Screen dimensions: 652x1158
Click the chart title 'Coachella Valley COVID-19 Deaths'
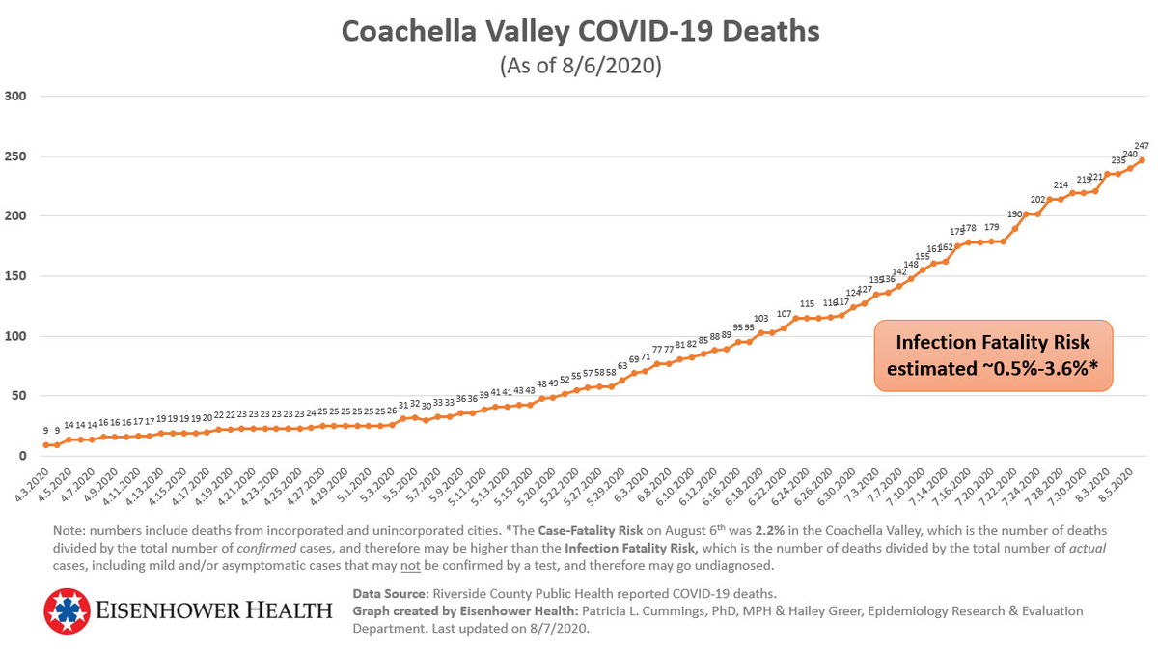[x=580, y=32]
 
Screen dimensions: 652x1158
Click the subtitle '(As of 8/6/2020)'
[x=580, y=66]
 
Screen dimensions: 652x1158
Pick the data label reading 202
[x=1038, y=200]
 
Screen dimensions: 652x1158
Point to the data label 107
[x=785, y=314]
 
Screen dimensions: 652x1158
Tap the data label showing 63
[x=622, y=366]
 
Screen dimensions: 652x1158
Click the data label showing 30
[x=427, y=407]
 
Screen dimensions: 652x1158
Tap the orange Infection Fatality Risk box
[x=994, y=356]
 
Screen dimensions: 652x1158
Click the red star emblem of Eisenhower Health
[x=67, y=611]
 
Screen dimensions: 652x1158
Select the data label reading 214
[x=1061, y=185]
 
